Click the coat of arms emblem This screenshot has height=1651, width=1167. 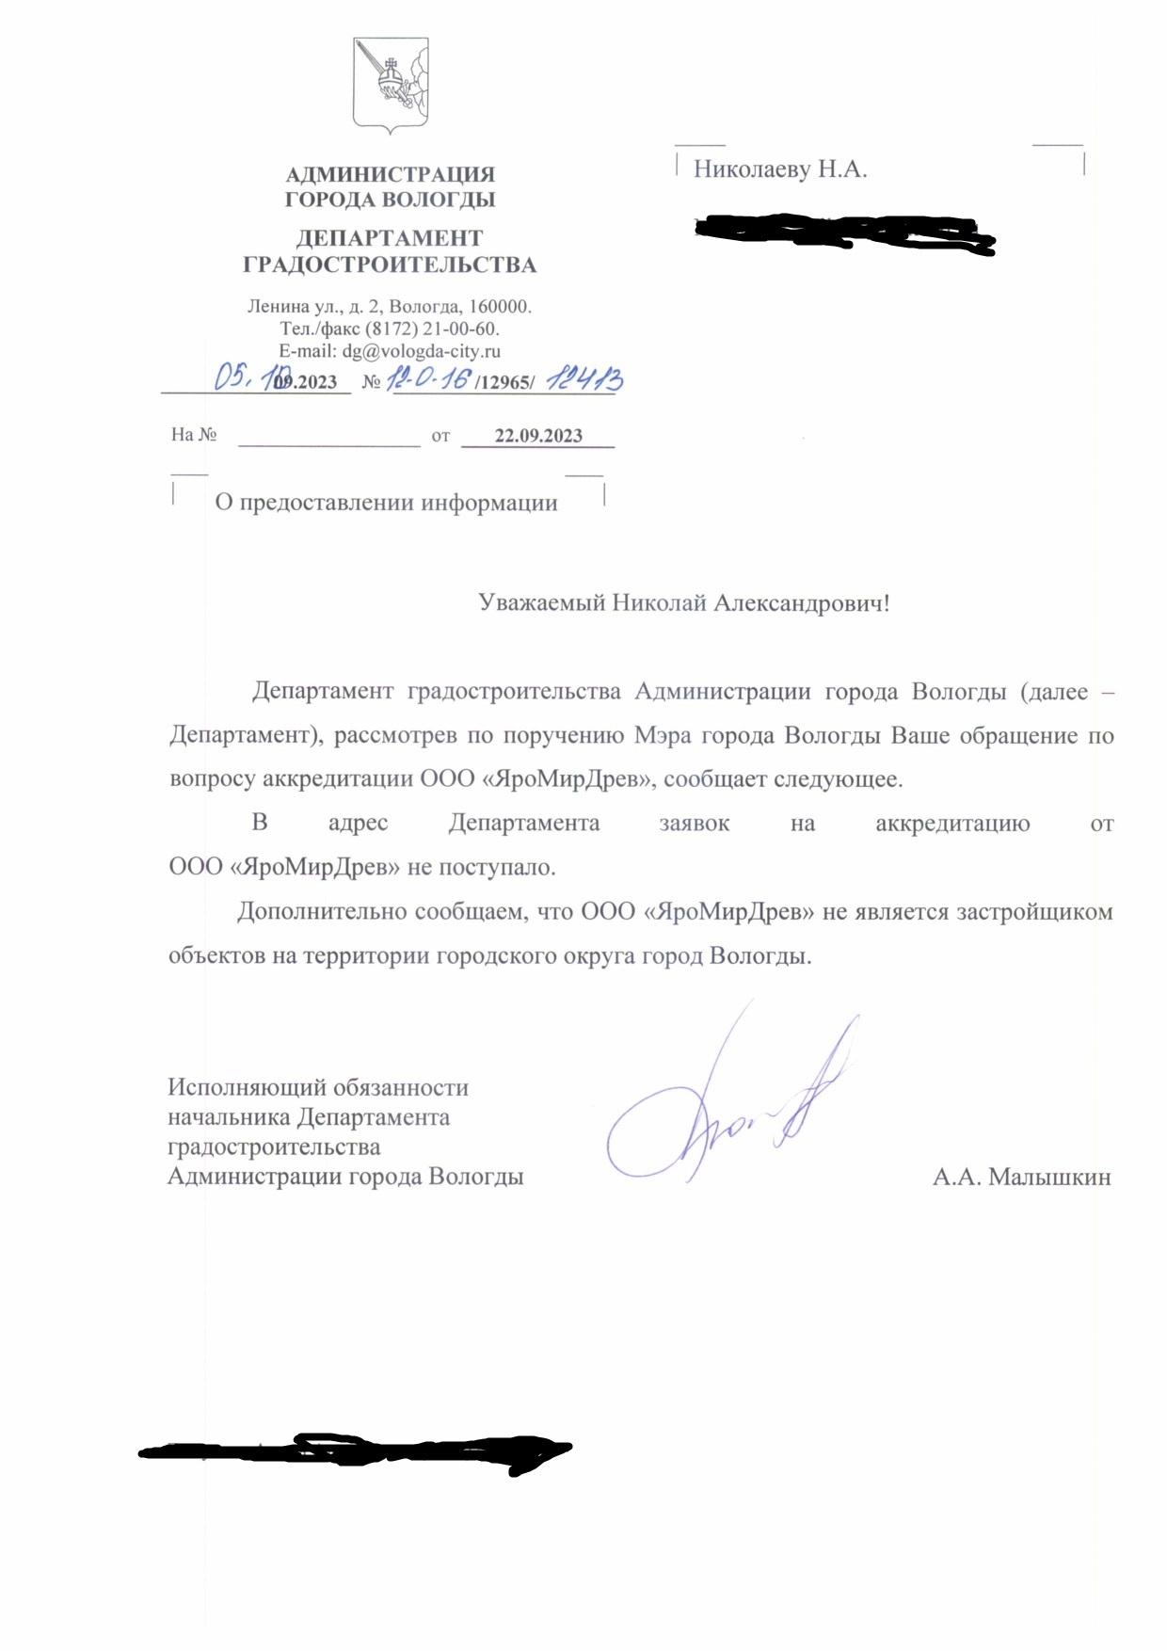(391, 85)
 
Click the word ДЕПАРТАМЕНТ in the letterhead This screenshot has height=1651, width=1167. (390, 239)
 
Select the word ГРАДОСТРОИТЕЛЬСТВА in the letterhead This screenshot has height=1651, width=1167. (390, 265)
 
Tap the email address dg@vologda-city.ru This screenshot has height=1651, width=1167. (421, 351)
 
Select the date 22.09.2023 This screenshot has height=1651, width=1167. (538, 436)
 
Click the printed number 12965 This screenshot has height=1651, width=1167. (505, 382)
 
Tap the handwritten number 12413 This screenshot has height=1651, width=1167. (584, 378)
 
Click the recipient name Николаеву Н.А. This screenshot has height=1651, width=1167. (780, 169)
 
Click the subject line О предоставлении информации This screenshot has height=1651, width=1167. (386, 503)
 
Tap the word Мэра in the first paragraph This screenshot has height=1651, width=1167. (663, 736)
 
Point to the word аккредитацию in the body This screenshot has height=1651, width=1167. (952, 824)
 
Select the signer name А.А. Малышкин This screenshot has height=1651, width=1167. (1021, 1178)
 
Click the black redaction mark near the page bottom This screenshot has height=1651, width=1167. (358, 1452)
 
